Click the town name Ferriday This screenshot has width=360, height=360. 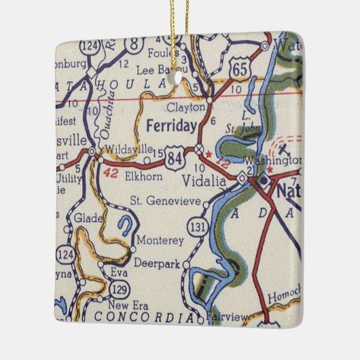(171, 125)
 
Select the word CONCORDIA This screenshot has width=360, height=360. (138, 317)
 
